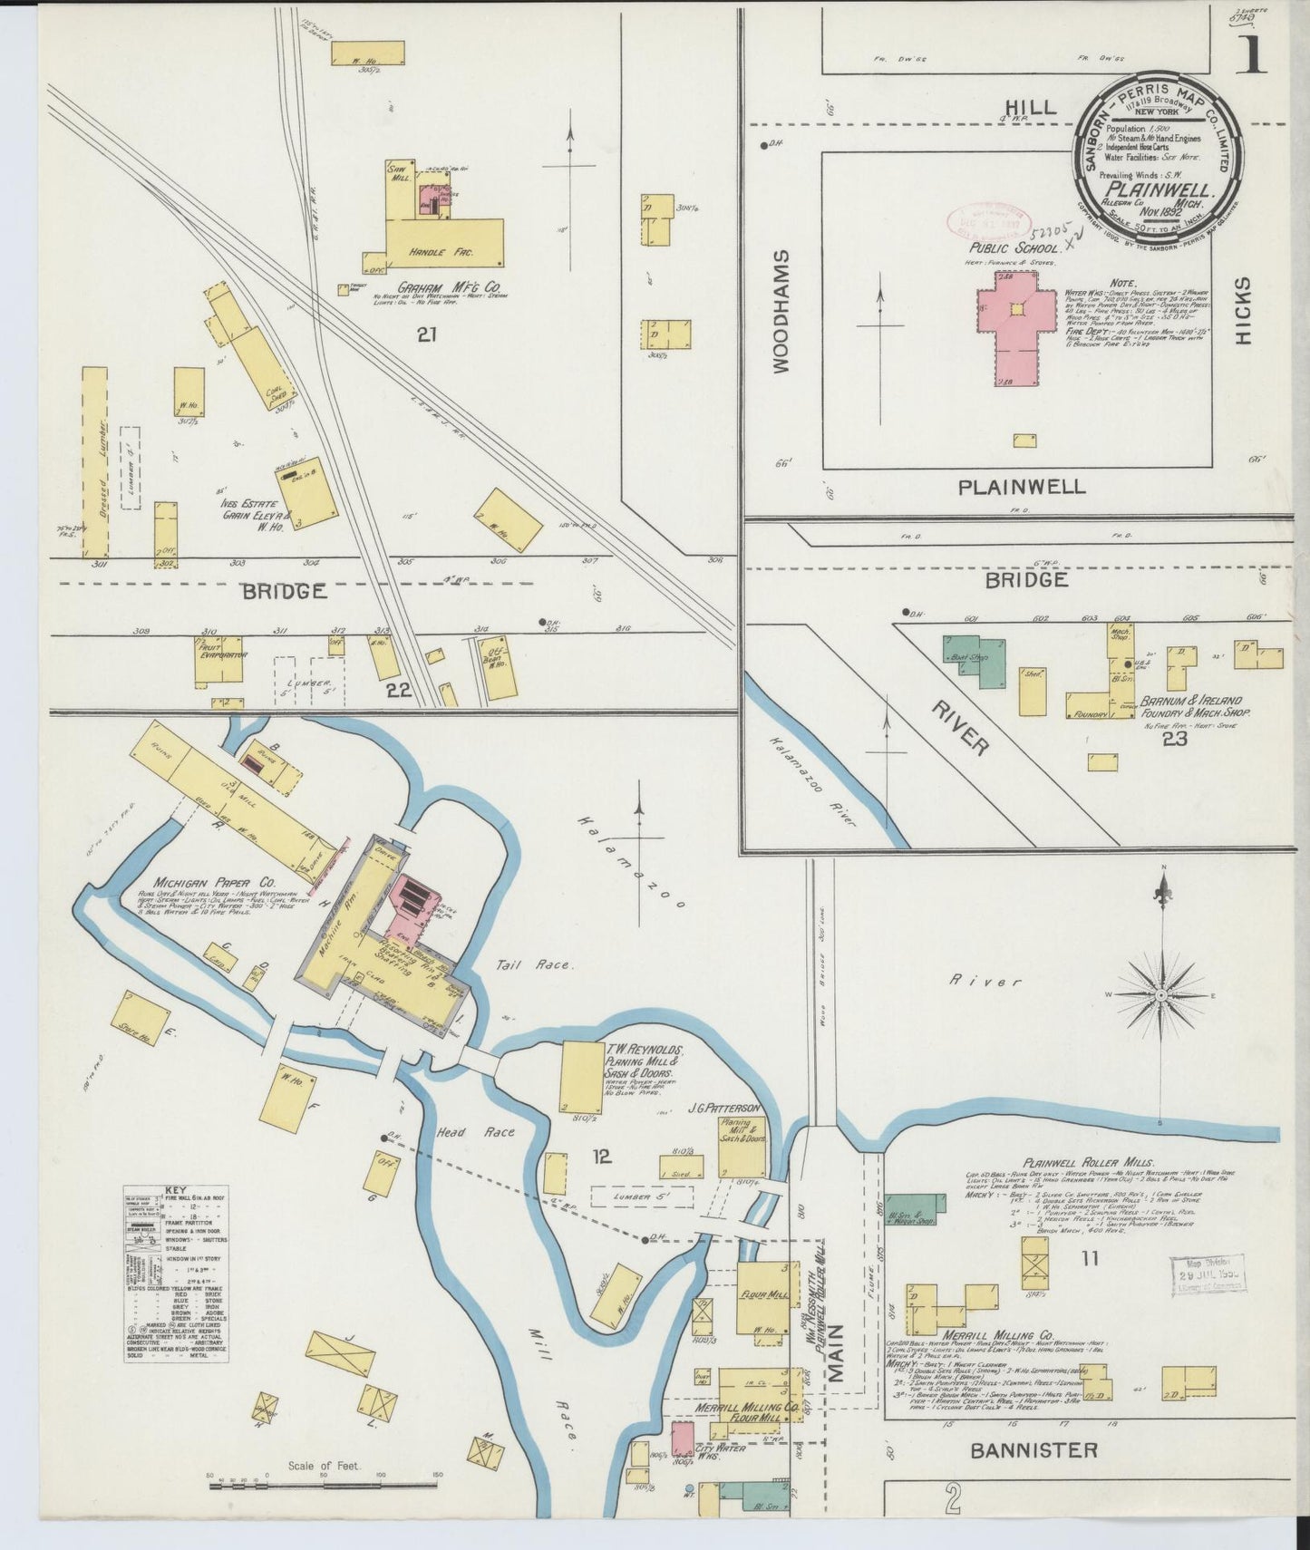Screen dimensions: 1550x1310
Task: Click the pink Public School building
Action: (x=1017, y=334)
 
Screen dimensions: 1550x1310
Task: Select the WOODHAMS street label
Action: (x=781, y=313)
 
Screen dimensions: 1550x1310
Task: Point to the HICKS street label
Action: (x=1242, y=310)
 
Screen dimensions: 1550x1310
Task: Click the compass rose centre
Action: (x=1161, y=994)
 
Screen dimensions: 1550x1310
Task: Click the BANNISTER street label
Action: (x=1033, y=1449)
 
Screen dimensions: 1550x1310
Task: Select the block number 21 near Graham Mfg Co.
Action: (x=427, y=335)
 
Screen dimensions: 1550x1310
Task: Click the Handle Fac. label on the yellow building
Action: (x=442, y=252)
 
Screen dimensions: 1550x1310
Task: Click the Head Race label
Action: (x=487, y=1131)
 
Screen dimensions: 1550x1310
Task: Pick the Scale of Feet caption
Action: (x=324, y=1465)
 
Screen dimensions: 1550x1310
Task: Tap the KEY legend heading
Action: (x=175, y=1190)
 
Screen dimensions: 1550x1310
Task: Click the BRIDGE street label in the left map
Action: (x=284, y=592)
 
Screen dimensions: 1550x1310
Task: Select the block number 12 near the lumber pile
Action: (x=601, y=1157)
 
